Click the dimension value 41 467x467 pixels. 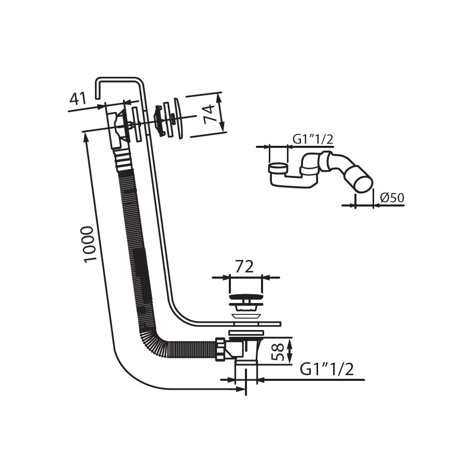point(77,99)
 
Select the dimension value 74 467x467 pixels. point(209,114)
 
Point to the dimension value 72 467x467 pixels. point(244,267)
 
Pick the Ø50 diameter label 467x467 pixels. point(392,198)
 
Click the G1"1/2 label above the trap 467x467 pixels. point(313,140)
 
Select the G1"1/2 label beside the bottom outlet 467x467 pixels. point(327,369)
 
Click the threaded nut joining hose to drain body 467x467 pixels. point(220,349)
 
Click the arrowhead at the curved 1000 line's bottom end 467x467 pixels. point(241,389)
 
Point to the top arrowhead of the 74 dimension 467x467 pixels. point(220,98)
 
